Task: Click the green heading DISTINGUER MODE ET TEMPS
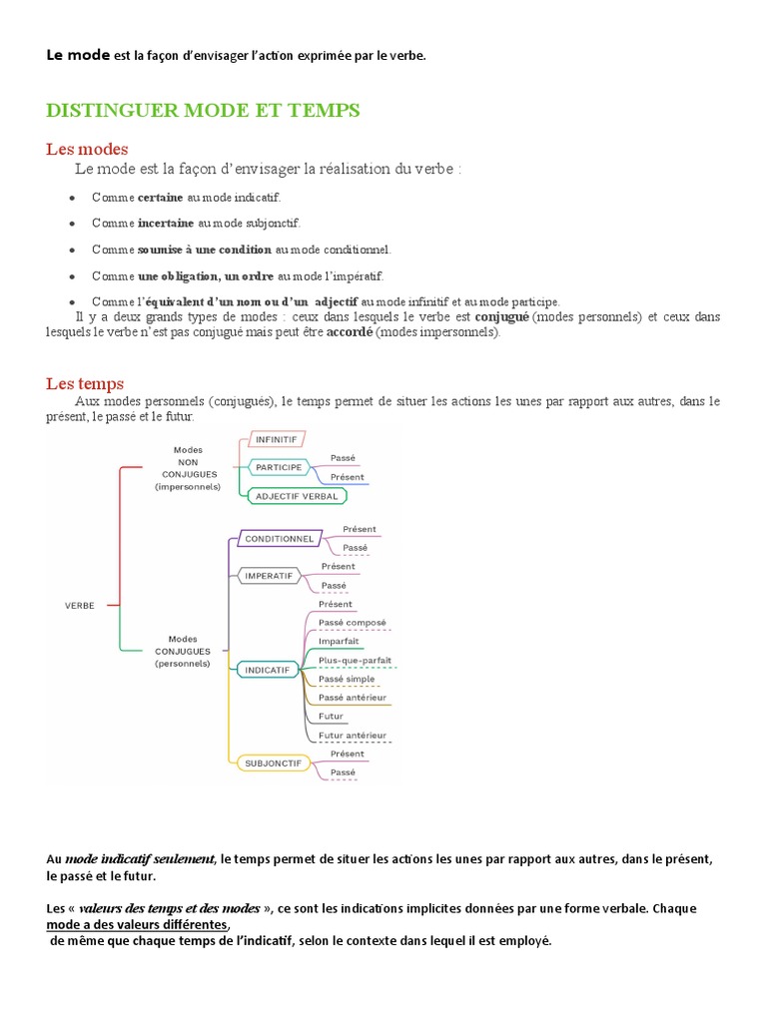(x=203, y=111)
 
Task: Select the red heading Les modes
(x=87, y=149)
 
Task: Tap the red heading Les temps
(x=85, y=383)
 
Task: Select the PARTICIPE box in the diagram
(x=279, y=466)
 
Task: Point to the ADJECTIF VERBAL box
(x=297, y=495)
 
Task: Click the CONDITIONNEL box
(x=279, y=538)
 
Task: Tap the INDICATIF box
(x=268, y=670)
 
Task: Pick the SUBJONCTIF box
(x=273, y=764)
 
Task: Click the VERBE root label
(x=80, y=605)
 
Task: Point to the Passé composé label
(x=352, y=623)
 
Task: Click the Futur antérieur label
(x=352, y=736)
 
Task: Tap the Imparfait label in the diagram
(x=339, y=641)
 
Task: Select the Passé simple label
(x=347, y=679)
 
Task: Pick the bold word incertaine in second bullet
(x=166, y=224)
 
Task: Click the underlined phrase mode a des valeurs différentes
(x=138, y=924)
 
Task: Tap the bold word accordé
(x=349, y=332)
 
